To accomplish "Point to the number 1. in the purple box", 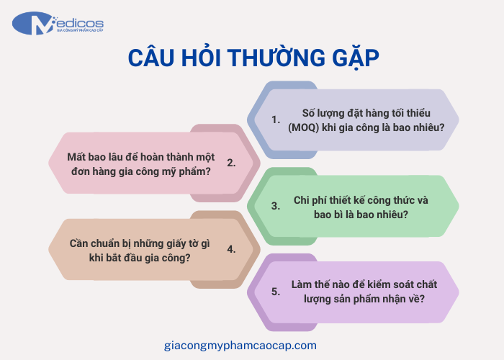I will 275,120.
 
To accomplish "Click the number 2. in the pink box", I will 231,163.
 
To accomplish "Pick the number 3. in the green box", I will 275,206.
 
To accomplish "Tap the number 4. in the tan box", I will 231,249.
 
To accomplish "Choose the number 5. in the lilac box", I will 275,292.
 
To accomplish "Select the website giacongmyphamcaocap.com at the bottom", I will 240,345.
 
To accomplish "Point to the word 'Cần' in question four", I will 80,243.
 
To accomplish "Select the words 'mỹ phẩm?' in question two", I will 186,171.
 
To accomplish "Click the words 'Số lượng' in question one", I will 323,113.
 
